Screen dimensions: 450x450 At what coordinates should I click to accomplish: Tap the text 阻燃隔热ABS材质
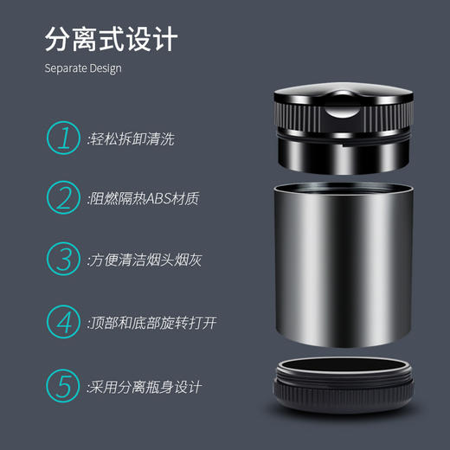coord(145,199)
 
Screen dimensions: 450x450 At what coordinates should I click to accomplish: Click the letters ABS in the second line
coord(158,199)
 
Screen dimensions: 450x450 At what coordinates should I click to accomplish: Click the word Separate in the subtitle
coord(65,68)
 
